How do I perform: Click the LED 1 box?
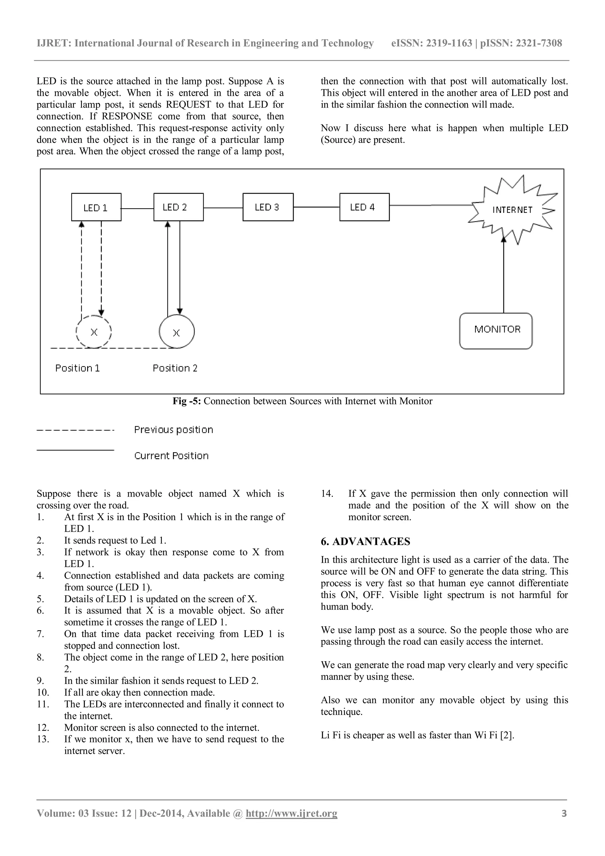[96, 207]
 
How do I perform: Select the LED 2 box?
[178, 207]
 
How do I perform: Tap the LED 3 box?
[268, 207]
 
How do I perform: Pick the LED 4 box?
[364, 207]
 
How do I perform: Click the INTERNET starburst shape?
[512, 210]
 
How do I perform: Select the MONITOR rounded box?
[496, 330]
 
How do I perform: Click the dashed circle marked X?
[94, 331]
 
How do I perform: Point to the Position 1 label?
[77, 368]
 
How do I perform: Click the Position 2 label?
[175, 368]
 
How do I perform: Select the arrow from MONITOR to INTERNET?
[504, 276]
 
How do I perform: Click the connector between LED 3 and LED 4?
[316, 207]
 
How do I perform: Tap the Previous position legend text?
[174, 430]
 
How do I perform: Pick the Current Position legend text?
[171, 455]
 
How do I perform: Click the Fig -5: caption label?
[187, 401]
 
